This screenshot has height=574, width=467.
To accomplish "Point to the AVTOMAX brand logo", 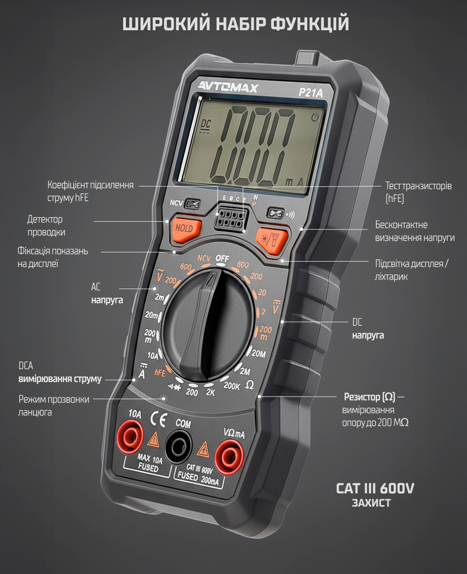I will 228,86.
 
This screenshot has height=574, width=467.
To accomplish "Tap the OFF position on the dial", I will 223,258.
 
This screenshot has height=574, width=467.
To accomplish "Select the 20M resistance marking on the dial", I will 259,353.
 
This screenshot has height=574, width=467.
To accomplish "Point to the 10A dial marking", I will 152,355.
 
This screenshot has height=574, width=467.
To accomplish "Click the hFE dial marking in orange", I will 160,372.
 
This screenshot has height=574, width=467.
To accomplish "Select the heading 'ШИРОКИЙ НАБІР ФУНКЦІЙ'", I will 235,24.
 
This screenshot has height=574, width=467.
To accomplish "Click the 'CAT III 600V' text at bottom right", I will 375,488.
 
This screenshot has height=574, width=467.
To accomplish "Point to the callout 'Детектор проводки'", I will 46,226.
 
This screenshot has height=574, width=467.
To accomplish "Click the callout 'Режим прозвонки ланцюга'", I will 54,405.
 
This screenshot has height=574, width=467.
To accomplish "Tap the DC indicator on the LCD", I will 206,124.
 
